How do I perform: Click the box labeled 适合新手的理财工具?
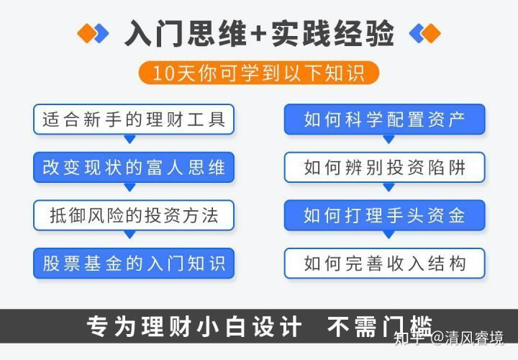[x=134, y=120]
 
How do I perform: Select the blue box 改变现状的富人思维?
[x=134, y=167]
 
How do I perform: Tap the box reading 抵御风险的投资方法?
[x=134, y=215]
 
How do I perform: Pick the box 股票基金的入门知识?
[x=134, y=263]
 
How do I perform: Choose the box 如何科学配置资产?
[x=384, y=120]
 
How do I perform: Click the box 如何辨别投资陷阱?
[x=384, y=167]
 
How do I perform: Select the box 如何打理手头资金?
[x=384, y=215]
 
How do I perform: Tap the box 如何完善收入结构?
[x=384, y=263]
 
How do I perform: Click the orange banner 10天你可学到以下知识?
[x=259, y=73]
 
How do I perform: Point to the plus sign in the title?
[x=259, y=34]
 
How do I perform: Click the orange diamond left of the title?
[x=86, y=33]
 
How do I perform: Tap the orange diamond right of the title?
[x=432, y=33]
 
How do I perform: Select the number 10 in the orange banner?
[x=163, y=73]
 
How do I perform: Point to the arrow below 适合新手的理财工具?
[x=129, y=139]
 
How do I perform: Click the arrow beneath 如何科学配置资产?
[x=388, y=139]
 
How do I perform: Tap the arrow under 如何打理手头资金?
[x=388, y=235]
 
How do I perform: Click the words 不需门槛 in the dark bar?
[x=380, y=327]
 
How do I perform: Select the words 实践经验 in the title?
[x=332, y=33]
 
